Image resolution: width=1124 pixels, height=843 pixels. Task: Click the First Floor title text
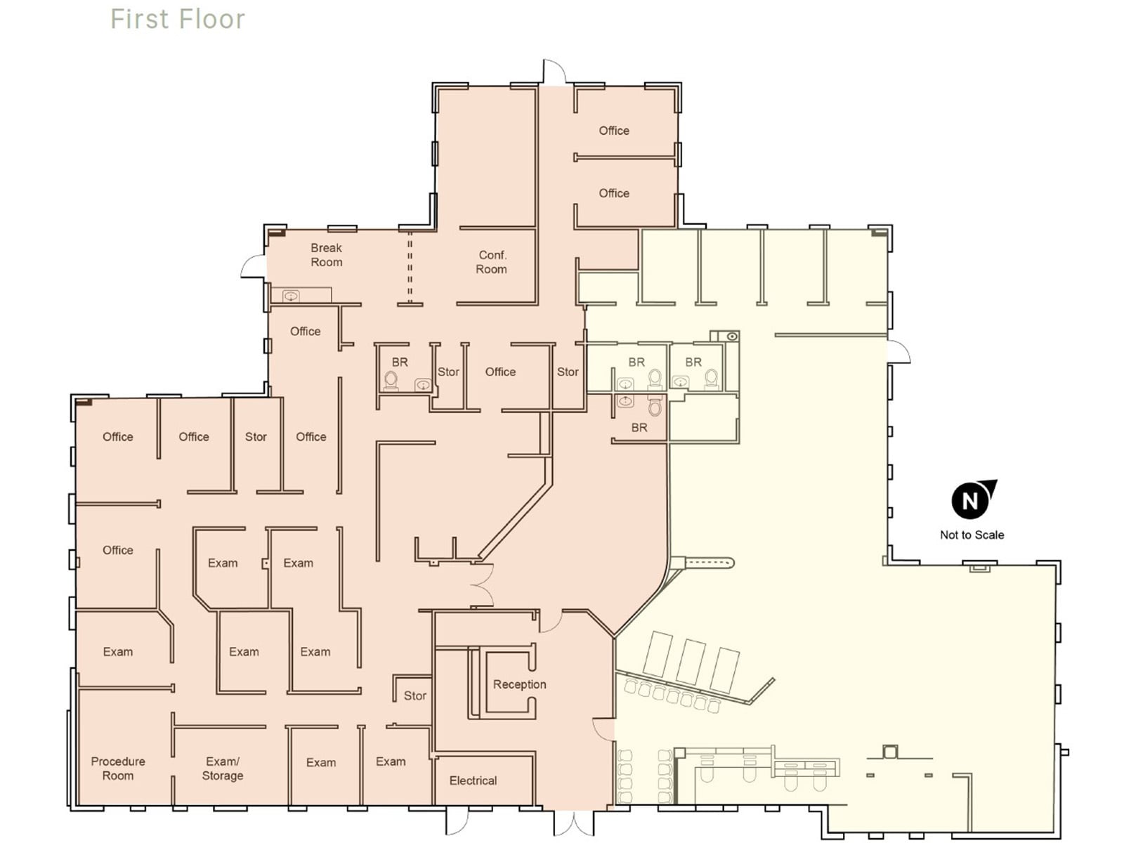coord(178,20)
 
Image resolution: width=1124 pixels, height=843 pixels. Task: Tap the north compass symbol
coord(972,499)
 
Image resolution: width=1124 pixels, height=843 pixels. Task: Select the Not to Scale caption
coord(972,535)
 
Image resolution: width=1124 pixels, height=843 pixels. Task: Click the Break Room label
coord(327,255)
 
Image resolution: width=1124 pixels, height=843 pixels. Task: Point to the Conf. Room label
coord(492,262)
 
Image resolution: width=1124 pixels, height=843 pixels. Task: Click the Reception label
coord(519,684)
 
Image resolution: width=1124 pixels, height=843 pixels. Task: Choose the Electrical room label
coord(473,780)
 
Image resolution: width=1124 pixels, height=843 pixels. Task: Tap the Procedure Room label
coord(118,769)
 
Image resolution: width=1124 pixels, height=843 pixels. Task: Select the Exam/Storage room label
coord(223,769)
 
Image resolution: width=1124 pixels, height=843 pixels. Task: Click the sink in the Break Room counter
coord(291,296)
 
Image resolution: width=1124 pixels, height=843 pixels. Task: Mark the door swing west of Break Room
coord(253,267)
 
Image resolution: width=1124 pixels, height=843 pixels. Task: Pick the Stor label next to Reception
coord(414,695)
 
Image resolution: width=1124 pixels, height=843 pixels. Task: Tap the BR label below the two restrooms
coord(639,427)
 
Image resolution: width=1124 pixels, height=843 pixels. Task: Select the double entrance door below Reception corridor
coord(573,823)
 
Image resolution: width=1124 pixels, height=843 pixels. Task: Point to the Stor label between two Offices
coord(256,437)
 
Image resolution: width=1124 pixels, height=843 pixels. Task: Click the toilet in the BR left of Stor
coord(391,380)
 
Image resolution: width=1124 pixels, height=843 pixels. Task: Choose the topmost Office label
coord(613,131)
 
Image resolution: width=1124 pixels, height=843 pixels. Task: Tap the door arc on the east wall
coord(898,352)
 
